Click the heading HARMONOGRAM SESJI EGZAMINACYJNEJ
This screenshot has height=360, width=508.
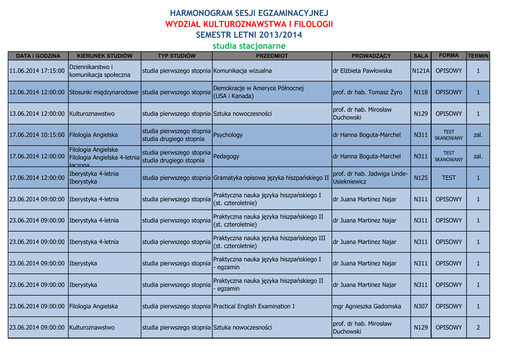[249, 13]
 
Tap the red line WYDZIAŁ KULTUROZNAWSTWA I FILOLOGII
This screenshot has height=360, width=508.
[249, 24]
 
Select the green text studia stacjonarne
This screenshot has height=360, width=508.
[249, 46]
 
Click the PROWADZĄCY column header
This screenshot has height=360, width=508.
[371, 56]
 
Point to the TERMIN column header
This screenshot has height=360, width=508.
[478, 56]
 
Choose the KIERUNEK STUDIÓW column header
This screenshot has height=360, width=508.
[104, 56]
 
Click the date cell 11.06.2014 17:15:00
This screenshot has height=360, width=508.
[37, 71]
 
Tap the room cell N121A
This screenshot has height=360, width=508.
[421, 71]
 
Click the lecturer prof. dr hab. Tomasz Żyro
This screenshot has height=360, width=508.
[367, 92]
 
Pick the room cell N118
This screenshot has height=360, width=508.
[421, 92]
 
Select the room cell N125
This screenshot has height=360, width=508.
[421, 177]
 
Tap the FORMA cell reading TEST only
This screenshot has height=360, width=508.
[448, 177]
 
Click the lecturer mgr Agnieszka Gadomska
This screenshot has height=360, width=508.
[367, 306]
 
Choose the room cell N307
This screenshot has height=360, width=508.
[421, 306]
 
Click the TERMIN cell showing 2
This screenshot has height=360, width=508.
[478, 328]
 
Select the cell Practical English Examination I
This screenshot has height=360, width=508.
[254, 306]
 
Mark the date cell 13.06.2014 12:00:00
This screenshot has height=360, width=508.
[37, 114]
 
